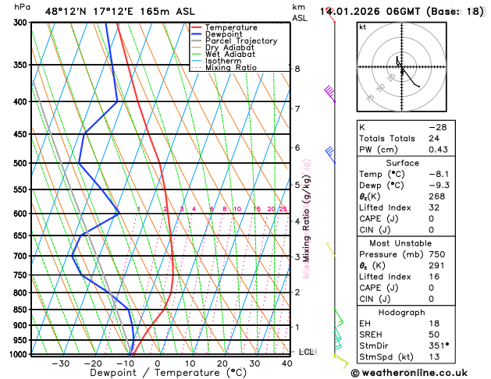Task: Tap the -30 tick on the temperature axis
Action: (x=60, y=363)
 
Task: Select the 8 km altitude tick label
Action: (x=297, y=69)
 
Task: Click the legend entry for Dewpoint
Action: (x=224, y=34)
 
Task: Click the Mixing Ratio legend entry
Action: (x=230, y=68)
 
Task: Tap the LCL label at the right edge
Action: (x=306, y=352)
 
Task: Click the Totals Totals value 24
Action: (x=434, y=138)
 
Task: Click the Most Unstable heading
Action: (x=418, y=243)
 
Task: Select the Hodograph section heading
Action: (x=418, y=312)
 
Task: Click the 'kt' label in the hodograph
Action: (x=362, y=27)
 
